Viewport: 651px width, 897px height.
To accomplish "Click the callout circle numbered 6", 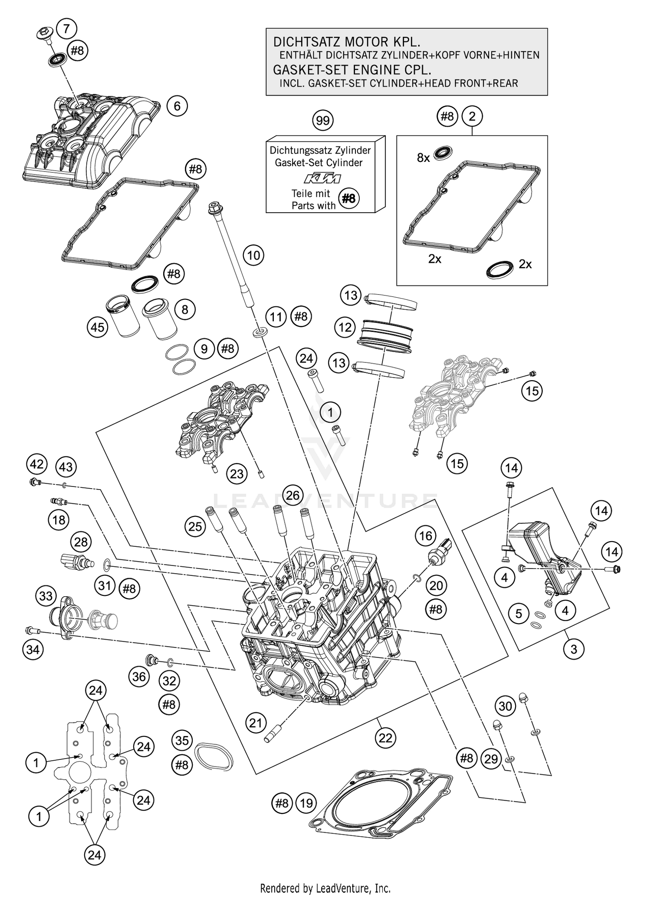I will point(177,106).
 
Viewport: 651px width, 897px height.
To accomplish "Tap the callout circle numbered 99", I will point(323,121).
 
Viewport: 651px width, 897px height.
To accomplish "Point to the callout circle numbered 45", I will point(98,327).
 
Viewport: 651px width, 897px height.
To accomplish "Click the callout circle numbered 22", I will point(385,738).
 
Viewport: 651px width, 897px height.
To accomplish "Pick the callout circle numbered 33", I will point(46,596).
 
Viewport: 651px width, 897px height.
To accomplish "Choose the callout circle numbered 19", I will point(306,803).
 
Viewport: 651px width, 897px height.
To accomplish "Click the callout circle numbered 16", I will point(426,536).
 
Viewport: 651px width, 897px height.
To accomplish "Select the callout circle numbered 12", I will point(345,327).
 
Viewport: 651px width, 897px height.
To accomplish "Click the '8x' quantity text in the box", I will point(423,158).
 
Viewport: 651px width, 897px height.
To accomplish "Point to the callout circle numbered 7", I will point(66,29).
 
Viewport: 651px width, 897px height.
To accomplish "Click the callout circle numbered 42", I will point(36,464).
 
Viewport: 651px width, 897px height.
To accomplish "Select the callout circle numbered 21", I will point(256,723).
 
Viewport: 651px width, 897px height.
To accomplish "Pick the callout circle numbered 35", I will point(182,740).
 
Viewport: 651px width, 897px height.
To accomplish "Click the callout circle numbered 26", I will point(293,495).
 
